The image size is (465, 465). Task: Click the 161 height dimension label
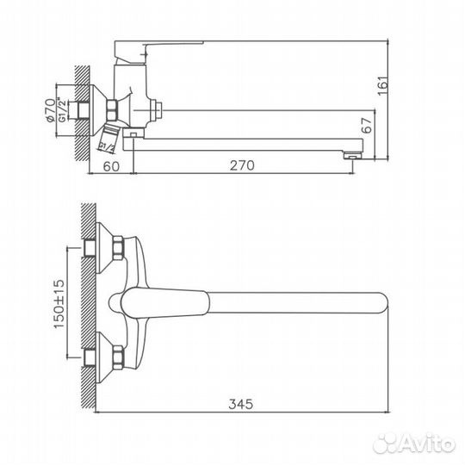pyautogui.click(x=383, y=86)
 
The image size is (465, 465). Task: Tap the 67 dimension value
pyautogui.click(x=367, y=126)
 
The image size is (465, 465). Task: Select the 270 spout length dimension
pyautogui.click(x=242, y=165)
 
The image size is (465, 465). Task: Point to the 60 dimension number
pyautogui.click(x=111, y=166)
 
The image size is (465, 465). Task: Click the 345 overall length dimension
pyautogui.click(x=241, y=404)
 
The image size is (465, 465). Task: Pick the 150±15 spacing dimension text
pyautogui.click(x=59, y=304)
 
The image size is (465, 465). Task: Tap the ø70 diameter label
pyautogui.click(x=50, y=110)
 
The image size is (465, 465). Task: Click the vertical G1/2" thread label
pyautogui.click(x=62, y=109)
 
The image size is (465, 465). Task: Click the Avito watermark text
pyautogui.click(x=414, y=443)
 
